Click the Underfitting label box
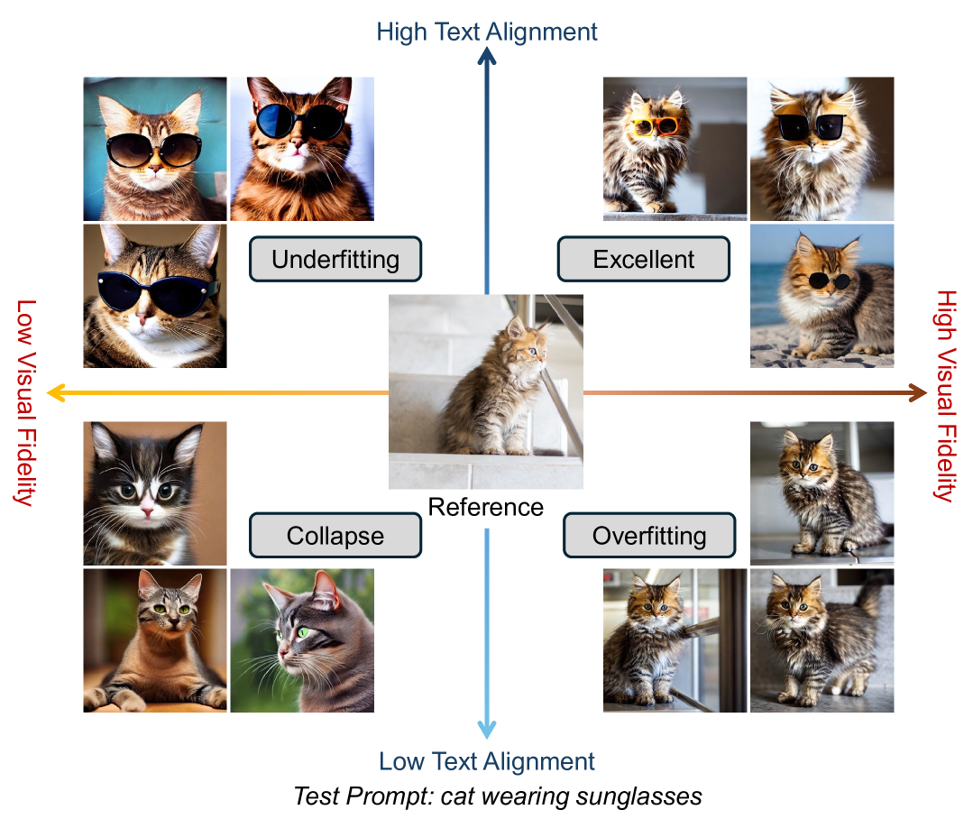pyautogui.click(x=335, y=260)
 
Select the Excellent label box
pyautogui.click(x=644, y=260)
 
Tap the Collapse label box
pyautogui.click(x=335, y=536)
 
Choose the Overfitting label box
pyautogui.click(x=649, y=536)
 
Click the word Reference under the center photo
pyautogui.click(x=486, y=507)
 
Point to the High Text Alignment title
pyautogui.click(x=487, y=32)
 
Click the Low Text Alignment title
pyautogui.click(x=487, y=761)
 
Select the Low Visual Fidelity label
pyautogui.click(x=25, y=402)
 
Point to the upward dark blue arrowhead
pyautogui.click(x=487, y=57)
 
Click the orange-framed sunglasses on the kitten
pyautogui.click(x=655, y=126)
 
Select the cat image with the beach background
pyautogui.click(x=822, y=296)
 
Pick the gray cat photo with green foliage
pyautogui.click(x=301, y=640)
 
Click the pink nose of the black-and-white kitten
pyautogui.click(x=146, y=511)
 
